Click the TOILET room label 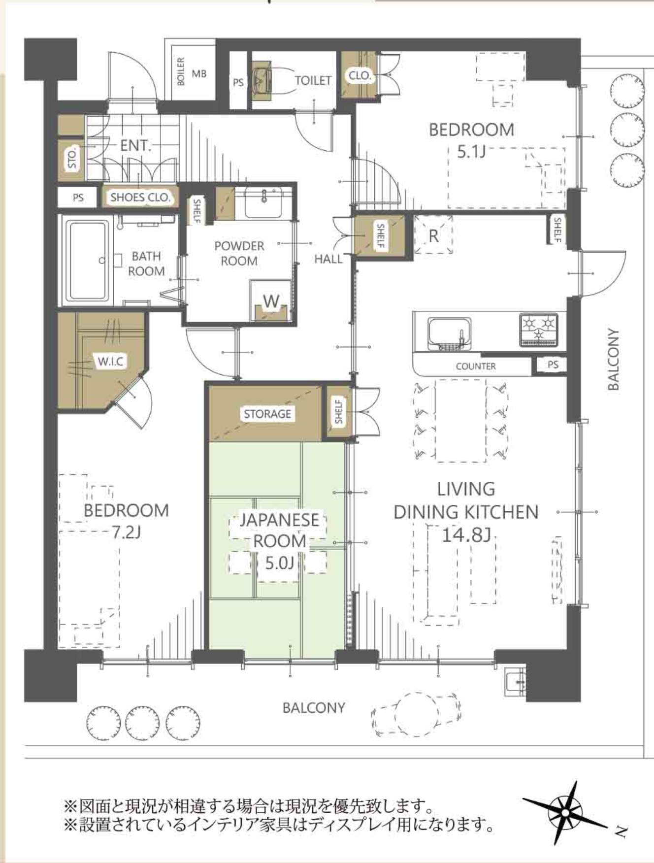313,80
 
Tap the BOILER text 180,72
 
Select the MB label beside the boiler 199,74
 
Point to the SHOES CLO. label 140,198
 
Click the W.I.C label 111,361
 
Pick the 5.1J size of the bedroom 471,151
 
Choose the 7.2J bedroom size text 126,532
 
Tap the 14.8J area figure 466,534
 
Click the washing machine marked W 271,301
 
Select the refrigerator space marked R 433,235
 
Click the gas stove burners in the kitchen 538,329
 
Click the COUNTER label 476,366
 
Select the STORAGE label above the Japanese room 267,414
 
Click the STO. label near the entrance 72,158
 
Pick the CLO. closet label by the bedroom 359,76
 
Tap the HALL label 328,259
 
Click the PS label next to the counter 553,365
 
